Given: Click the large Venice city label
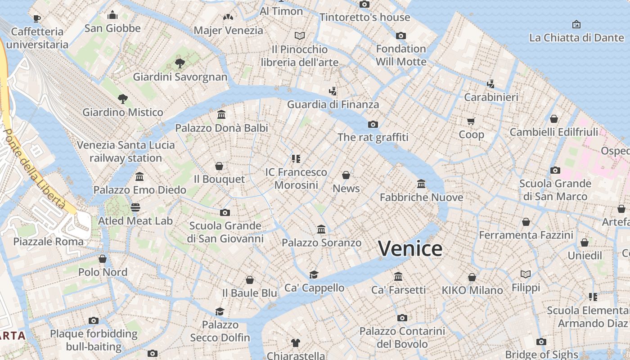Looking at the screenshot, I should pos(410,249).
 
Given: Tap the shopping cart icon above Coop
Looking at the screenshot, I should pos(471,121).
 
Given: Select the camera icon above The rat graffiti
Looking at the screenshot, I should pos(373,124).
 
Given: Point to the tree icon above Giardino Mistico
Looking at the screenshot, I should pos(122,99).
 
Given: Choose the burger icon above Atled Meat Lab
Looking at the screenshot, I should pos(135,207).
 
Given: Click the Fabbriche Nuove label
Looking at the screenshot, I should pos(421,197).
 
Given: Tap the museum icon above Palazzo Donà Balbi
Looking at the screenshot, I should pos(221,115).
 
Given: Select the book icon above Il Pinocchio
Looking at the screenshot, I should pos(300,35).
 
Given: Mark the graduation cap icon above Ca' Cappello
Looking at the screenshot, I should pos(314,274).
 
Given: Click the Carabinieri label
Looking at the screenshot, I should pos(491,97).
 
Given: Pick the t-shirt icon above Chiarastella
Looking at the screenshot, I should pos(296,342).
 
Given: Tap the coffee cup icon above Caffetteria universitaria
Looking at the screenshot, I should pos(37,18).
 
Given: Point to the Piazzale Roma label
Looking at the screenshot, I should pos(48,241).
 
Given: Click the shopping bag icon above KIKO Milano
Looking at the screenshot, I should pos(472,277).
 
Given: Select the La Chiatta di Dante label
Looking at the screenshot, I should pos(576,38).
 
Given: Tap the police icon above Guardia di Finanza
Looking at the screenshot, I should pos(333,91).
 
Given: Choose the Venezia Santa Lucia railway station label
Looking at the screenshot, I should pos(126,151).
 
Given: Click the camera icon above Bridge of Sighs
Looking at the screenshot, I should pos(541,342).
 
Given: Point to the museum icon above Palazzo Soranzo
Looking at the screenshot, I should pos(321,229).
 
